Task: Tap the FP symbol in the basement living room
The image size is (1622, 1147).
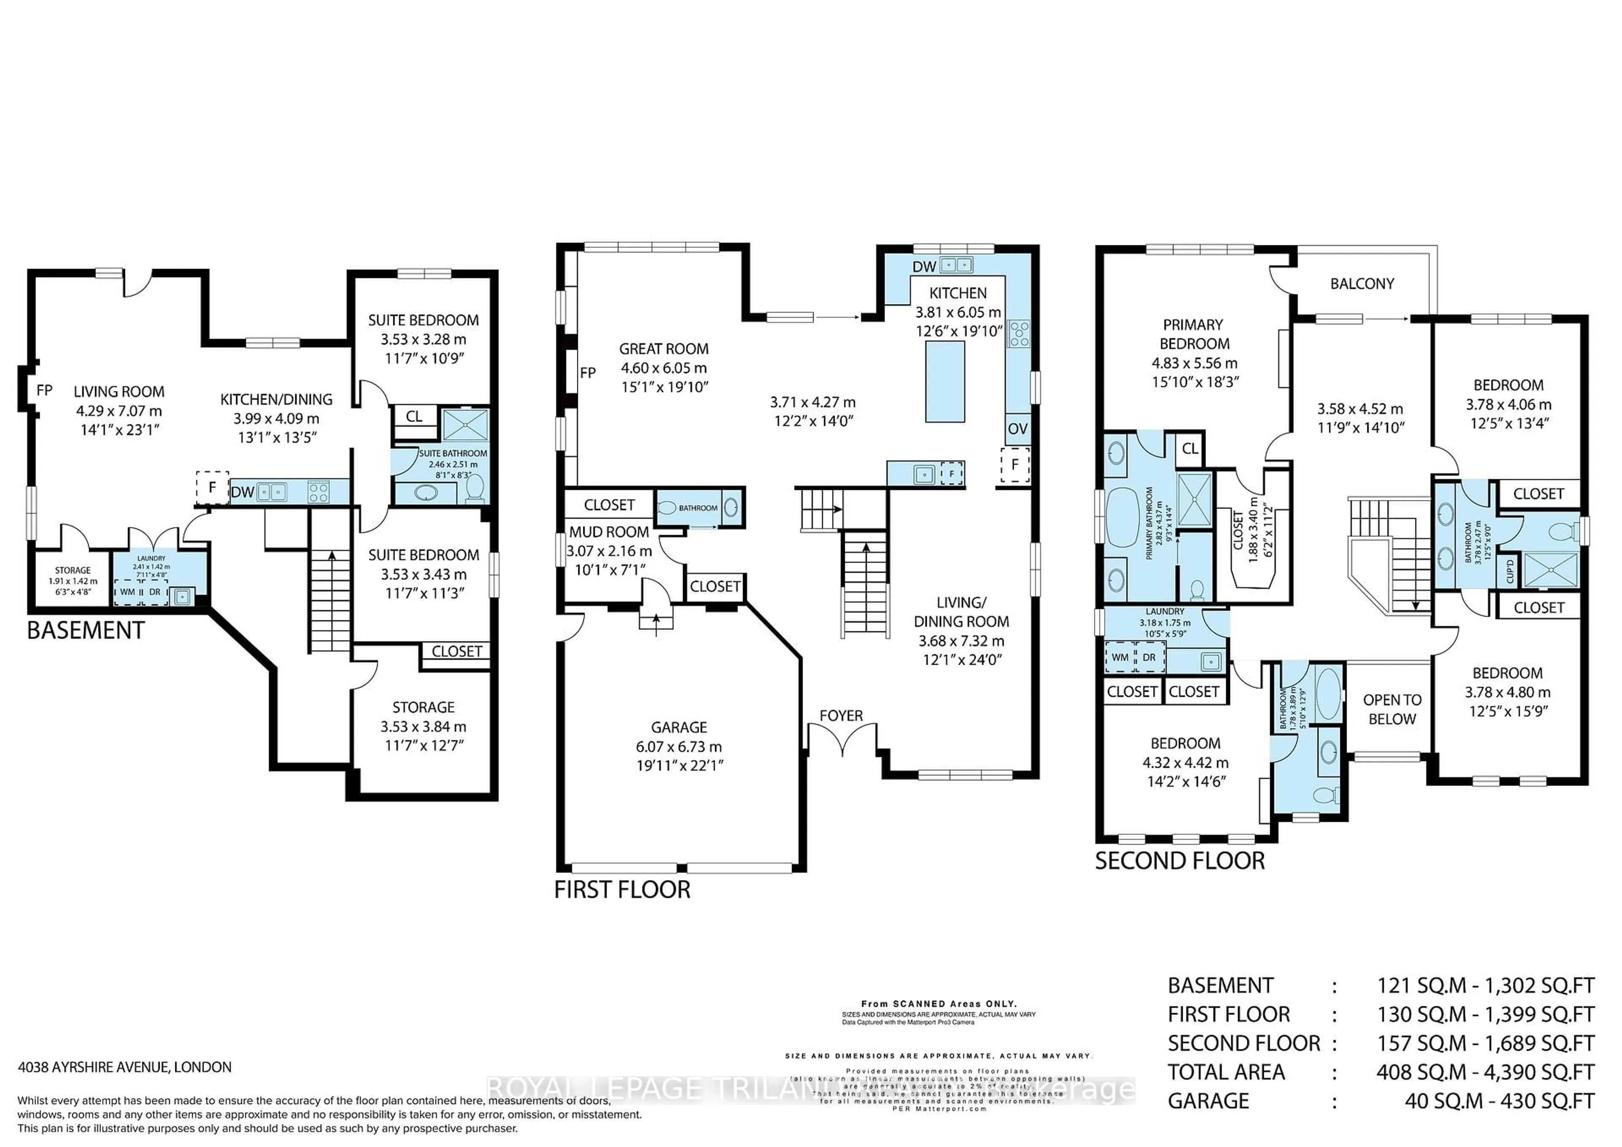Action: click(44, 390)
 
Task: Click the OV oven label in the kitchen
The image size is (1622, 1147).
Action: click(1017, 429)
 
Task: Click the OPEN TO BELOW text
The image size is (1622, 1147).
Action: click(1392, 709)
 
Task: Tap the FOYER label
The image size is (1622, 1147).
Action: click(841, 715)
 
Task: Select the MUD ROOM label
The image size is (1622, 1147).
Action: click(609, 532)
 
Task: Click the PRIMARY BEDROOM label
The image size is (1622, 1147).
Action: click(1194, 334)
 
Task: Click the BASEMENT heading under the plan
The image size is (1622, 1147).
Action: click(85, 630)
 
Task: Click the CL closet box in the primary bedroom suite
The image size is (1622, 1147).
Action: click(1189, 448)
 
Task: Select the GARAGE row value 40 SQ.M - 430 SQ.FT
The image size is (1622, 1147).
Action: click(1499, 1101)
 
